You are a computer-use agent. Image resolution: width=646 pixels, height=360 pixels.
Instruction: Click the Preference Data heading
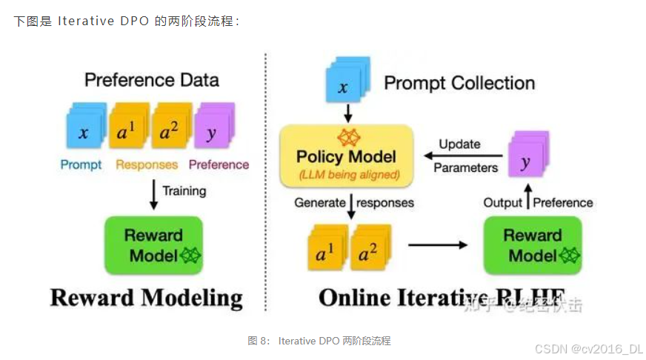pos(152,79)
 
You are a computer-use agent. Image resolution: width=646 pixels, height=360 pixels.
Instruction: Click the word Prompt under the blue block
pos(81,164)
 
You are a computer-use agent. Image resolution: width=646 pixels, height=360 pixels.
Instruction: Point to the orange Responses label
pos(147,164)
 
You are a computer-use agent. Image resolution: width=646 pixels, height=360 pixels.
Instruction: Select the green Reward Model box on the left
pos(153,245)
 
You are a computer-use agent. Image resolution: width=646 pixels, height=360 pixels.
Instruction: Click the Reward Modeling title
pos(146,299)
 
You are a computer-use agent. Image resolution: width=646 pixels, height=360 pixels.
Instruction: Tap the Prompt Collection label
pos(459,82)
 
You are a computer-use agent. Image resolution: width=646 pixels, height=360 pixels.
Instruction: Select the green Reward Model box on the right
pos(532,245)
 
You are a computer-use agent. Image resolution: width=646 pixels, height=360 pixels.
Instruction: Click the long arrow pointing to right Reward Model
pos(438,244)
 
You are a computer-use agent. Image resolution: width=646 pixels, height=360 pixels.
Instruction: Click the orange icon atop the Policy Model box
pos(347,138)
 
